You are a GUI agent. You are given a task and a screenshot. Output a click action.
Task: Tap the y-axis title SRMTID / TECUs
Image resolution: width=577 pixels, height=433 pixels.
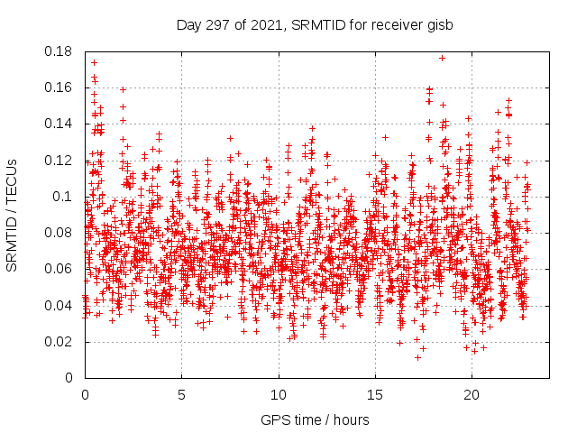tap(12, 215)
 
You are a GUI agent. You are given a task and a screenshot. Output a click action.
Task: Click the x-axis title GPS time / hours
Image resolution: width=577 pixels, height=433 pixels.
tap(316, 420)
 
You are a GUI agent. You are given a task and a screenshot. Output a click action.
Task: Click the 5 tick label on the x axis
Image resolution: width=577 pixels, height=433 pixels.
tap(181, 395)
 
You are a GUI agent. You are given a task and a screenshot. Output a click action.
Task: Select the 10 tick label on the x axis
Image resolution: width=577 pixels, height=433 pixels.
tap(279, 395)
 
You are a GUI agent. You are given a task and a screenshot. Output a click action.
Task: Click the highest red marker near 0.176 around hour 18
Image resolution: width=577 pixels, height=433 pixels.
tap(442, 59)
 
